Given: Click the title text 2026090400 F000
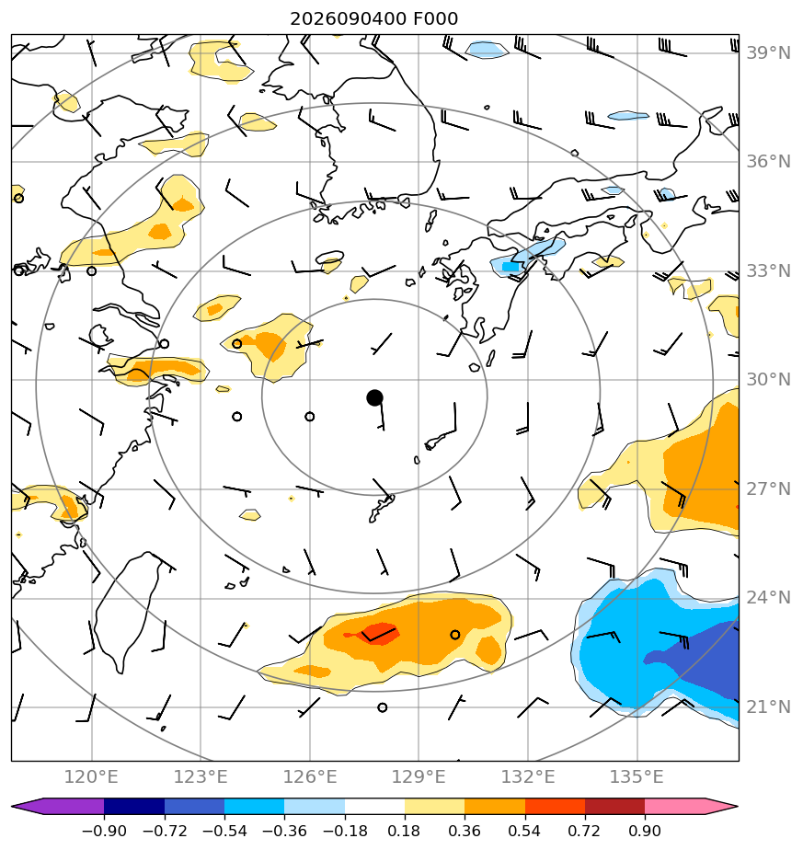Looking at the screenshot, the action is click(x=373, y=19).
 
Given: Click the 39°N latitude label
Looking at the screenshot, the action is click(x=768, y=53).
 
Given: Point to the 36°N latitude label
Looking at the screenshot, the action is click(x=768, y=162).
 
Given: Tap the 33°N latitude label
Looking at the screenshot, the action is click(x=768, y=270).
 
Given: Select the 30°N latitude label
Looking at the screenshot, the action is click(x=768, y=379).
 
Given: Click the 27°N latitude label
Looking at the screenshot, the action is click(x=768, y=489).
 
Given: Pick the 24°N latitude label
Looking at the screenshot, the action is click(x=768, y=597).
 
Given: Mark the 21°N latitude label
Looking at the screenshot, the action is click(x=768, y=706).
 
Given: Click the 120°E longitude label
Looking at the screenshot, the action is click(x=91, y=776).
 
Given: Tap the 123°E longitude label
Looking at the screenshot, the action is click(x=201, y=776).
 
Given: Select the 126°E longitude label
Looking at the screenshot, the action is click(x=310, y=776).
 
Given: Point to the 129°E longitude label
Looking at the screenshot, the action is click(x=419, y=776).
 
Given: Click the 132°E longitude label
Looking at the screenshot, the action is click(x=528, y=776).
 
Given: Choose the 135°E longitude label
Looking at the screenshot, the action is click(x=637, y=776).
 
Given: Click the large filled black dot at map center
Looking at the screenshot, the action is click(x=374, y=398).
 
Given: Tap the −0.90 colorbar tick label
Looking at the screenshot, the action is click(x=104, y=831).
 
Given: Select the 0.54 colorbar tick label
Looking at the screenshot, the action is click(x=524, y=831).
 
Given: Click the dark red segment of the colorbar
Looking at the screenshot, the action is click(x=614, y=806).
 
